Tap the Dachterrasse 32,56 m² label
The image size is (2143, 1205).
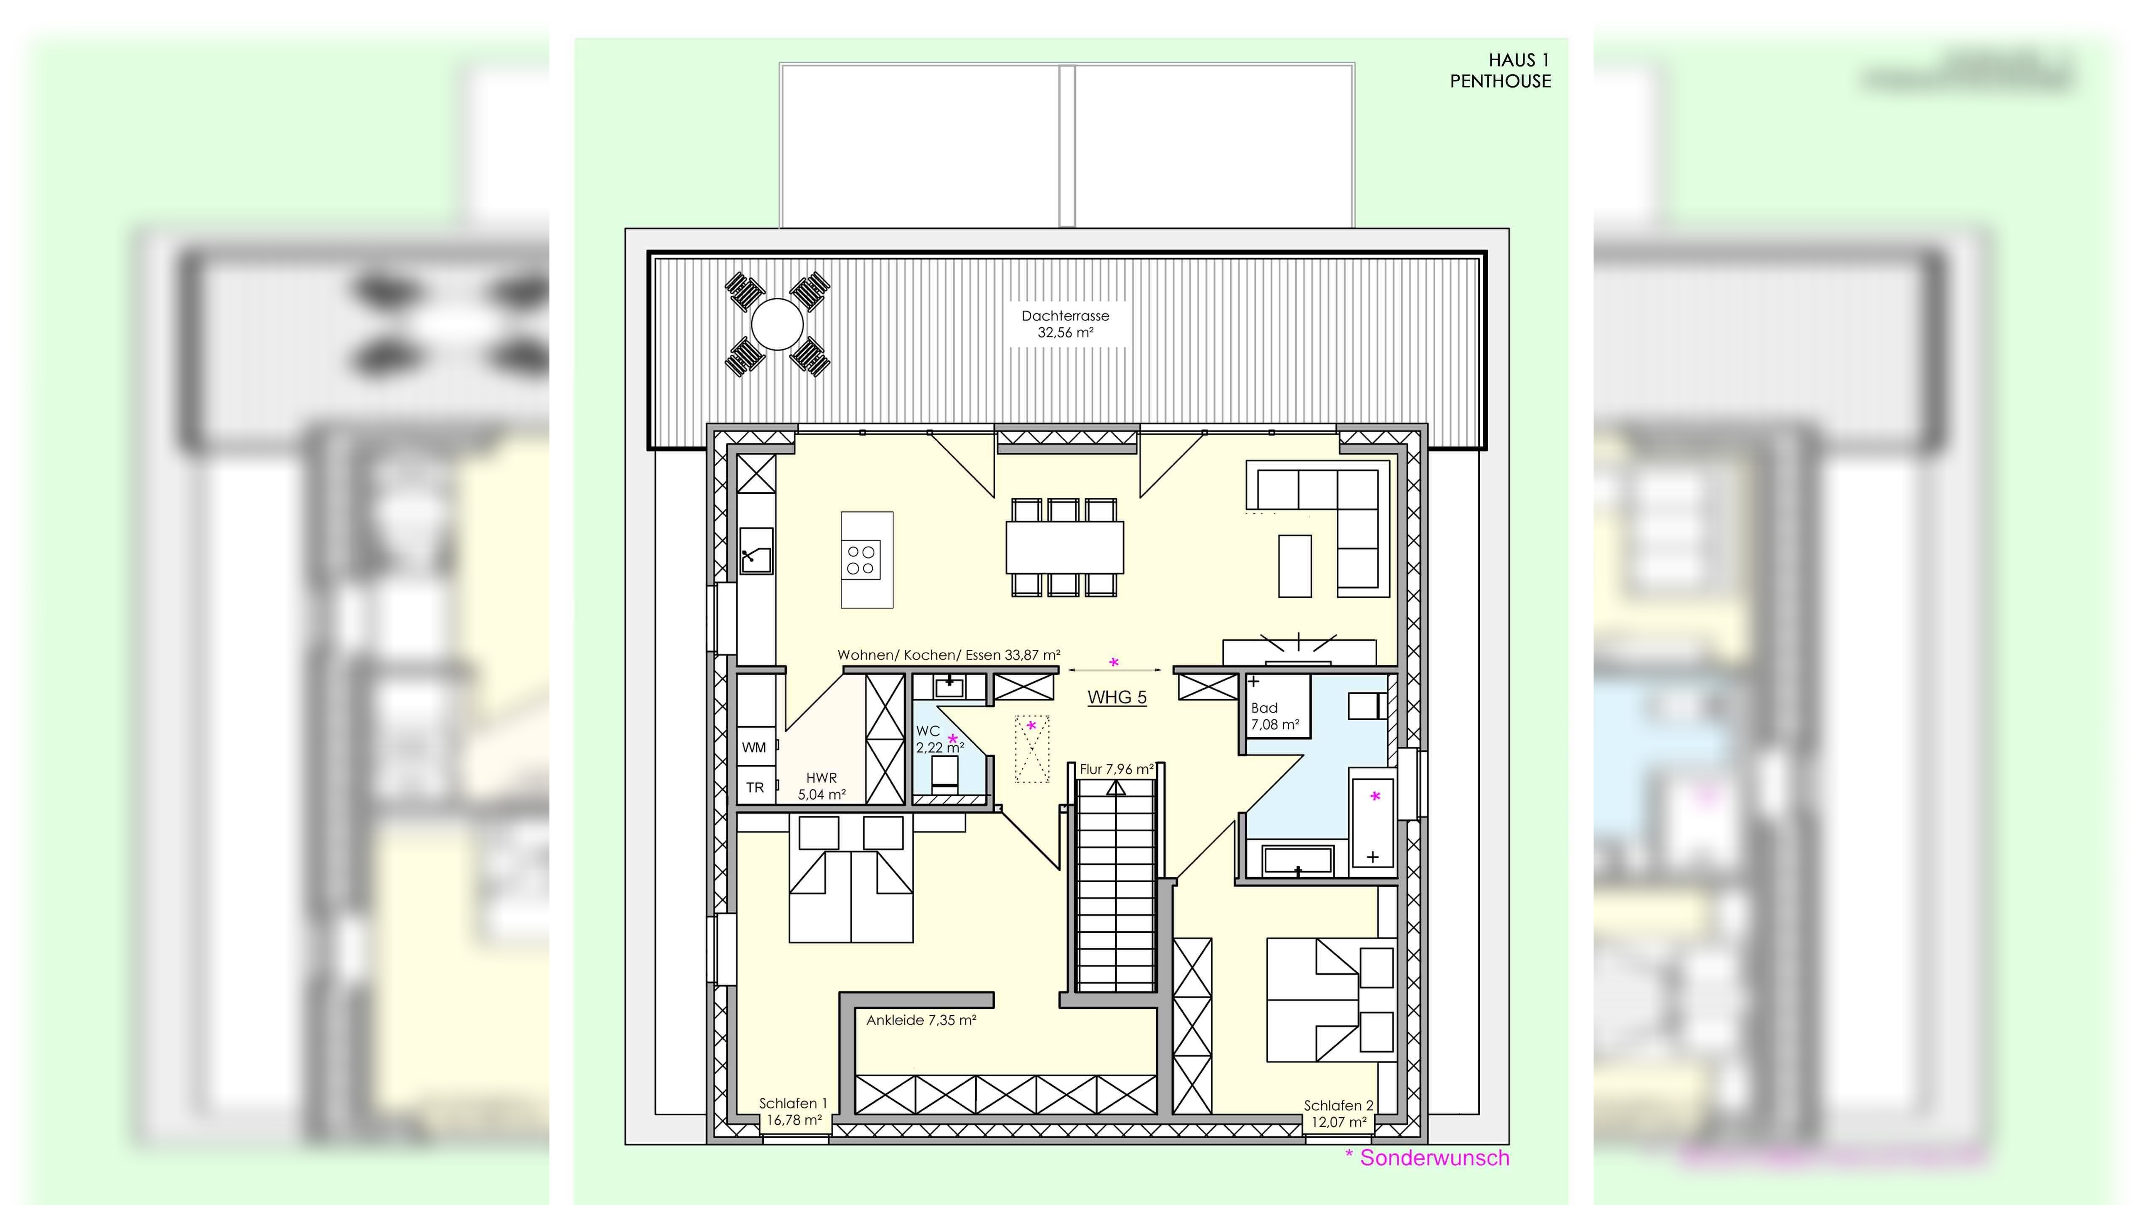point(1066,324)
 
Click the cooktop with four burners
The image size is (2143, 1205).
point(861,560)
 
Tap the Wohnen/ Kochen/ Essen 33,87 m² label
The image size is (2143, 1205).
point(949,654)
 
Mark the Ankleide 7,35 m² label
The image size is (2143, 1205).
point(921,1019)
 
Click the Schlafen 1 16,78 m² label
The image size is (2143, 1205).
point(794,1111)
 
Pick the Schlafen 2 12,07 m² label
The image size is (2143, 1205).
point(1338,1114)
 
